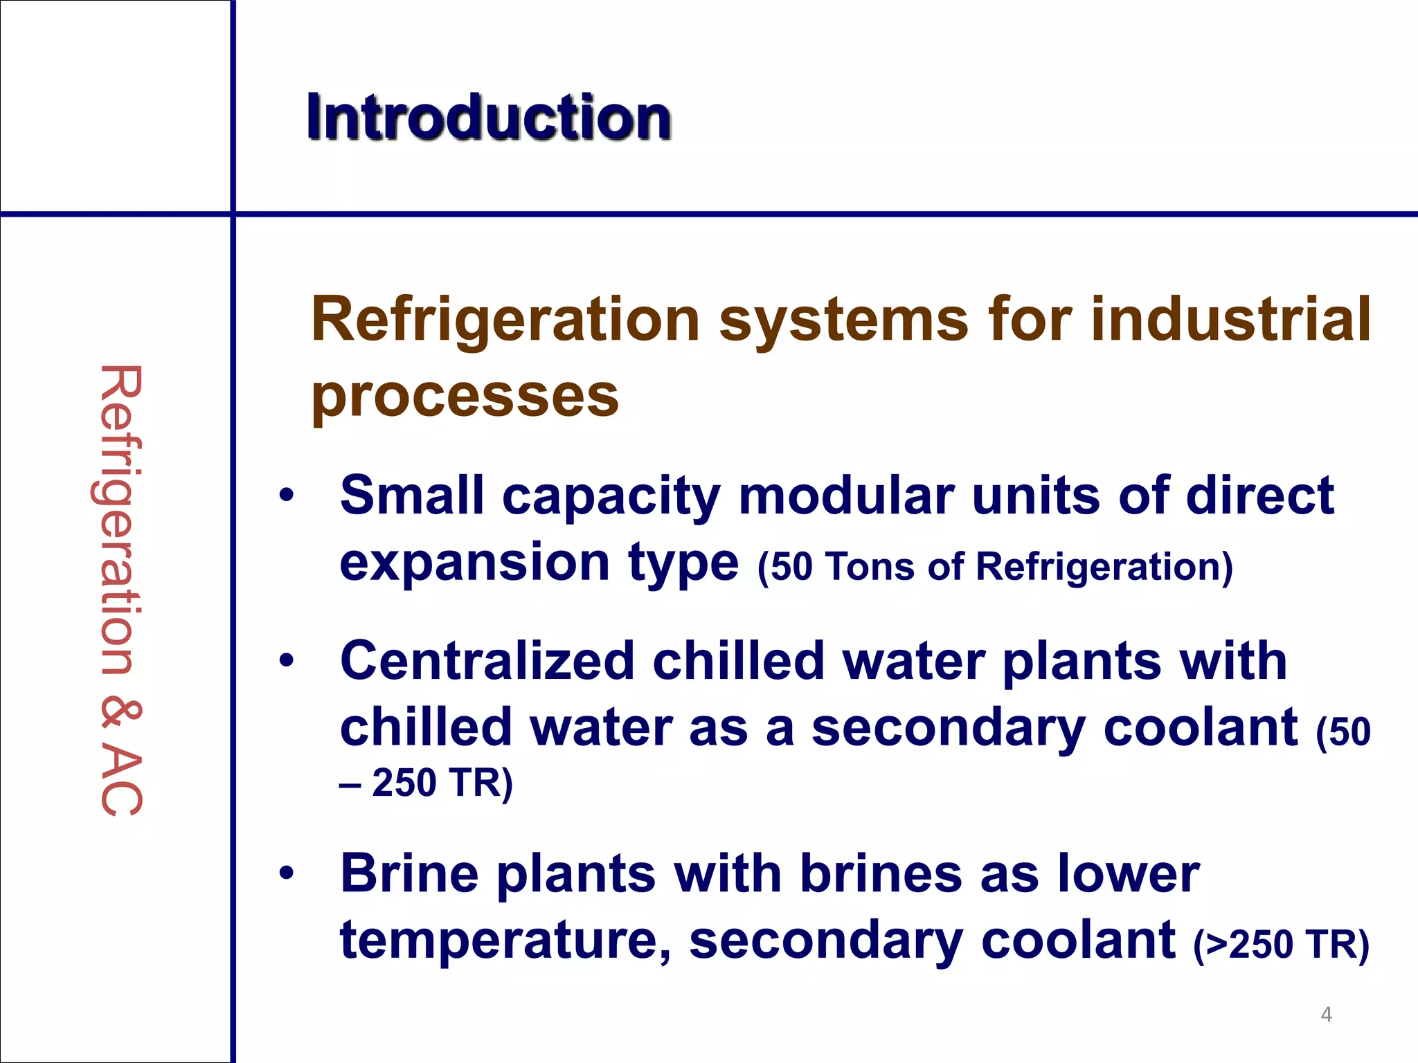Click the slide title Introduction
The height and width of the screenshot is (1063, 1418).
tap(489, 118)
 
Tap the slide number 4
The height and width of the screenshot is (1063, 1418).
tap(1326, 1015)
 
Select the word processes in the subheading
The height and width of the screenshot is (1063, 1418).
tap(465, 397)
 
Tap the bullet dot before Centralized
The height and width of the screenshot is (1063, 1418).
tap(287, 661)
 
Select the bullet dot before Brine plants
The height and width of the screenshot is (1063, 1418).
tap(287, 873)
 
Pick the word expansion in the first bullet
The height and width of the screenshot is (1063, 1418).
tap(474, 563)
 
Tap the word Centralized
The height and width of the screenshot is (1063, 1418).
tap(487, 661)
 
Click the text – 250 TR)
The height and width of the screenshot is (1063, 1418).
tap(426, 783)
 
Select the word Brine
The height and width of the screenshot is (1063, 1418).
tap(409, 873)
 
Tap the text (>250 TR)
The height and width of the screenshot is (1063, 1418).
tap(1281, 944)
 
